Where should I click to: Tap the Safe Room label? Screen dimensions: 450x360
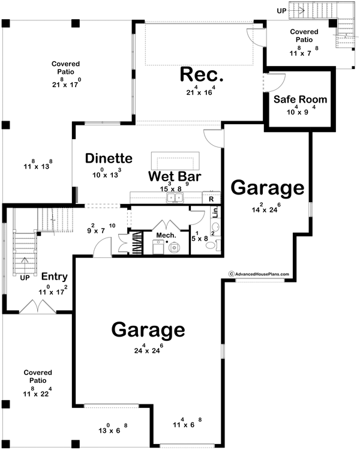click(300, 99)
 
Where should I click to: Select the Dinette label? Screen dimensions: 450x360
click(108, 158)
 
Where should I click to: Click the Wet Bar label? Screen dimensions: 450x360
click(175, 177)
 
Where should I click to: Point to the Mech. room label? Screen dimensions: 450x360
click(166, 235)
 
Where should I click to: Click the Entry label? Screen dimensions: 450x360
click(54, 277)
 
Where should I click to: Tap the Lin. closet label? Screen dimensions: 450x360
click(214, 214)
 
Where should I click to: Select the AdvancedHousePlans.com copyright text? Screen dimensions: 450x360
click(258, 274)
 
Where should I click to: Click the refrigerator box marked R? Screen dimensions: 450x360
click(211, 197)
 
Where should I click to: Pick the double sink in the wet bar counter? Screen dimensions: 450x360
click(175, 197)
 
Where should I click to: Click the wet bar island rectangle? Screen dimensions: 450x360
click(174, 160)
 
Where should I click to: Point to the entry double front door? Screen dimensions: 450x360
click(35, 306)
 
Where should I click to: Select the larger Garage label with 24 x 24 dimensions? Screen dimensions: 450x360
click(147, 330)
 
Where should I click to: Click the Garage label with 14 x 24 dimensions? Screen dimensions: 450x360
click(267, 188)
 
